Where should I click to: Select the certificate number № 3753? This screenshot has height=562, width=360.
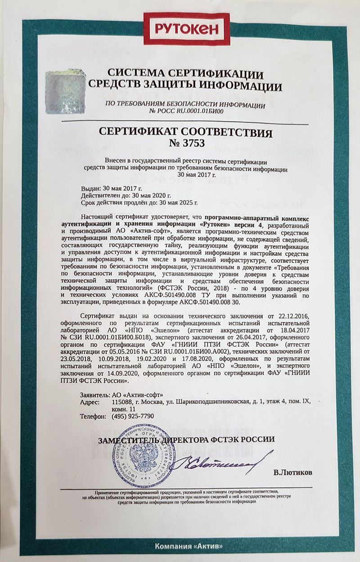[186, 144]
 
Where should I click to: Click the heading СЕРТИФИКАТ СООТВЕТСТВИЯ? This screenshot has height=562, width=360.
[186, 133]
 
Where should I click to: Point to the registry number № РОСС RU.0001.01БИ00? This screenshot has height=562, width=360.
[185, 111]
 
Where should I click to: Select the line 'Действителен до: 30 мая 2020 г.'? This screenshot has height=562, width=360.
[126, 196]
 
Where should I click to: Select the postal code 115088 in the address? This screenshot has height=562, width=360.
[122, 401]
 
